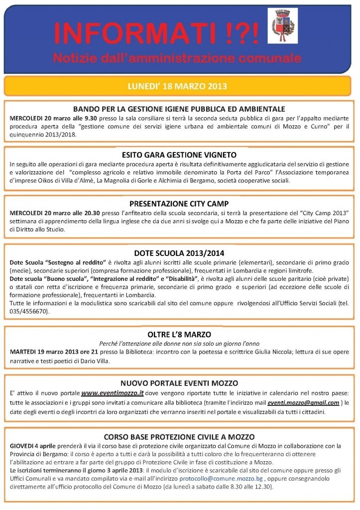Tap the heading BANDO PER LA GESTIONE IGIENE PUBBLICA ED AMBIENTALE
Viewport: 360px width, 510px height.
[179, 109]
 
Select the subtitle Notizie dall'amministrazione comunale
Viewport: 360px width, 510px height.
[177, 58]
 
